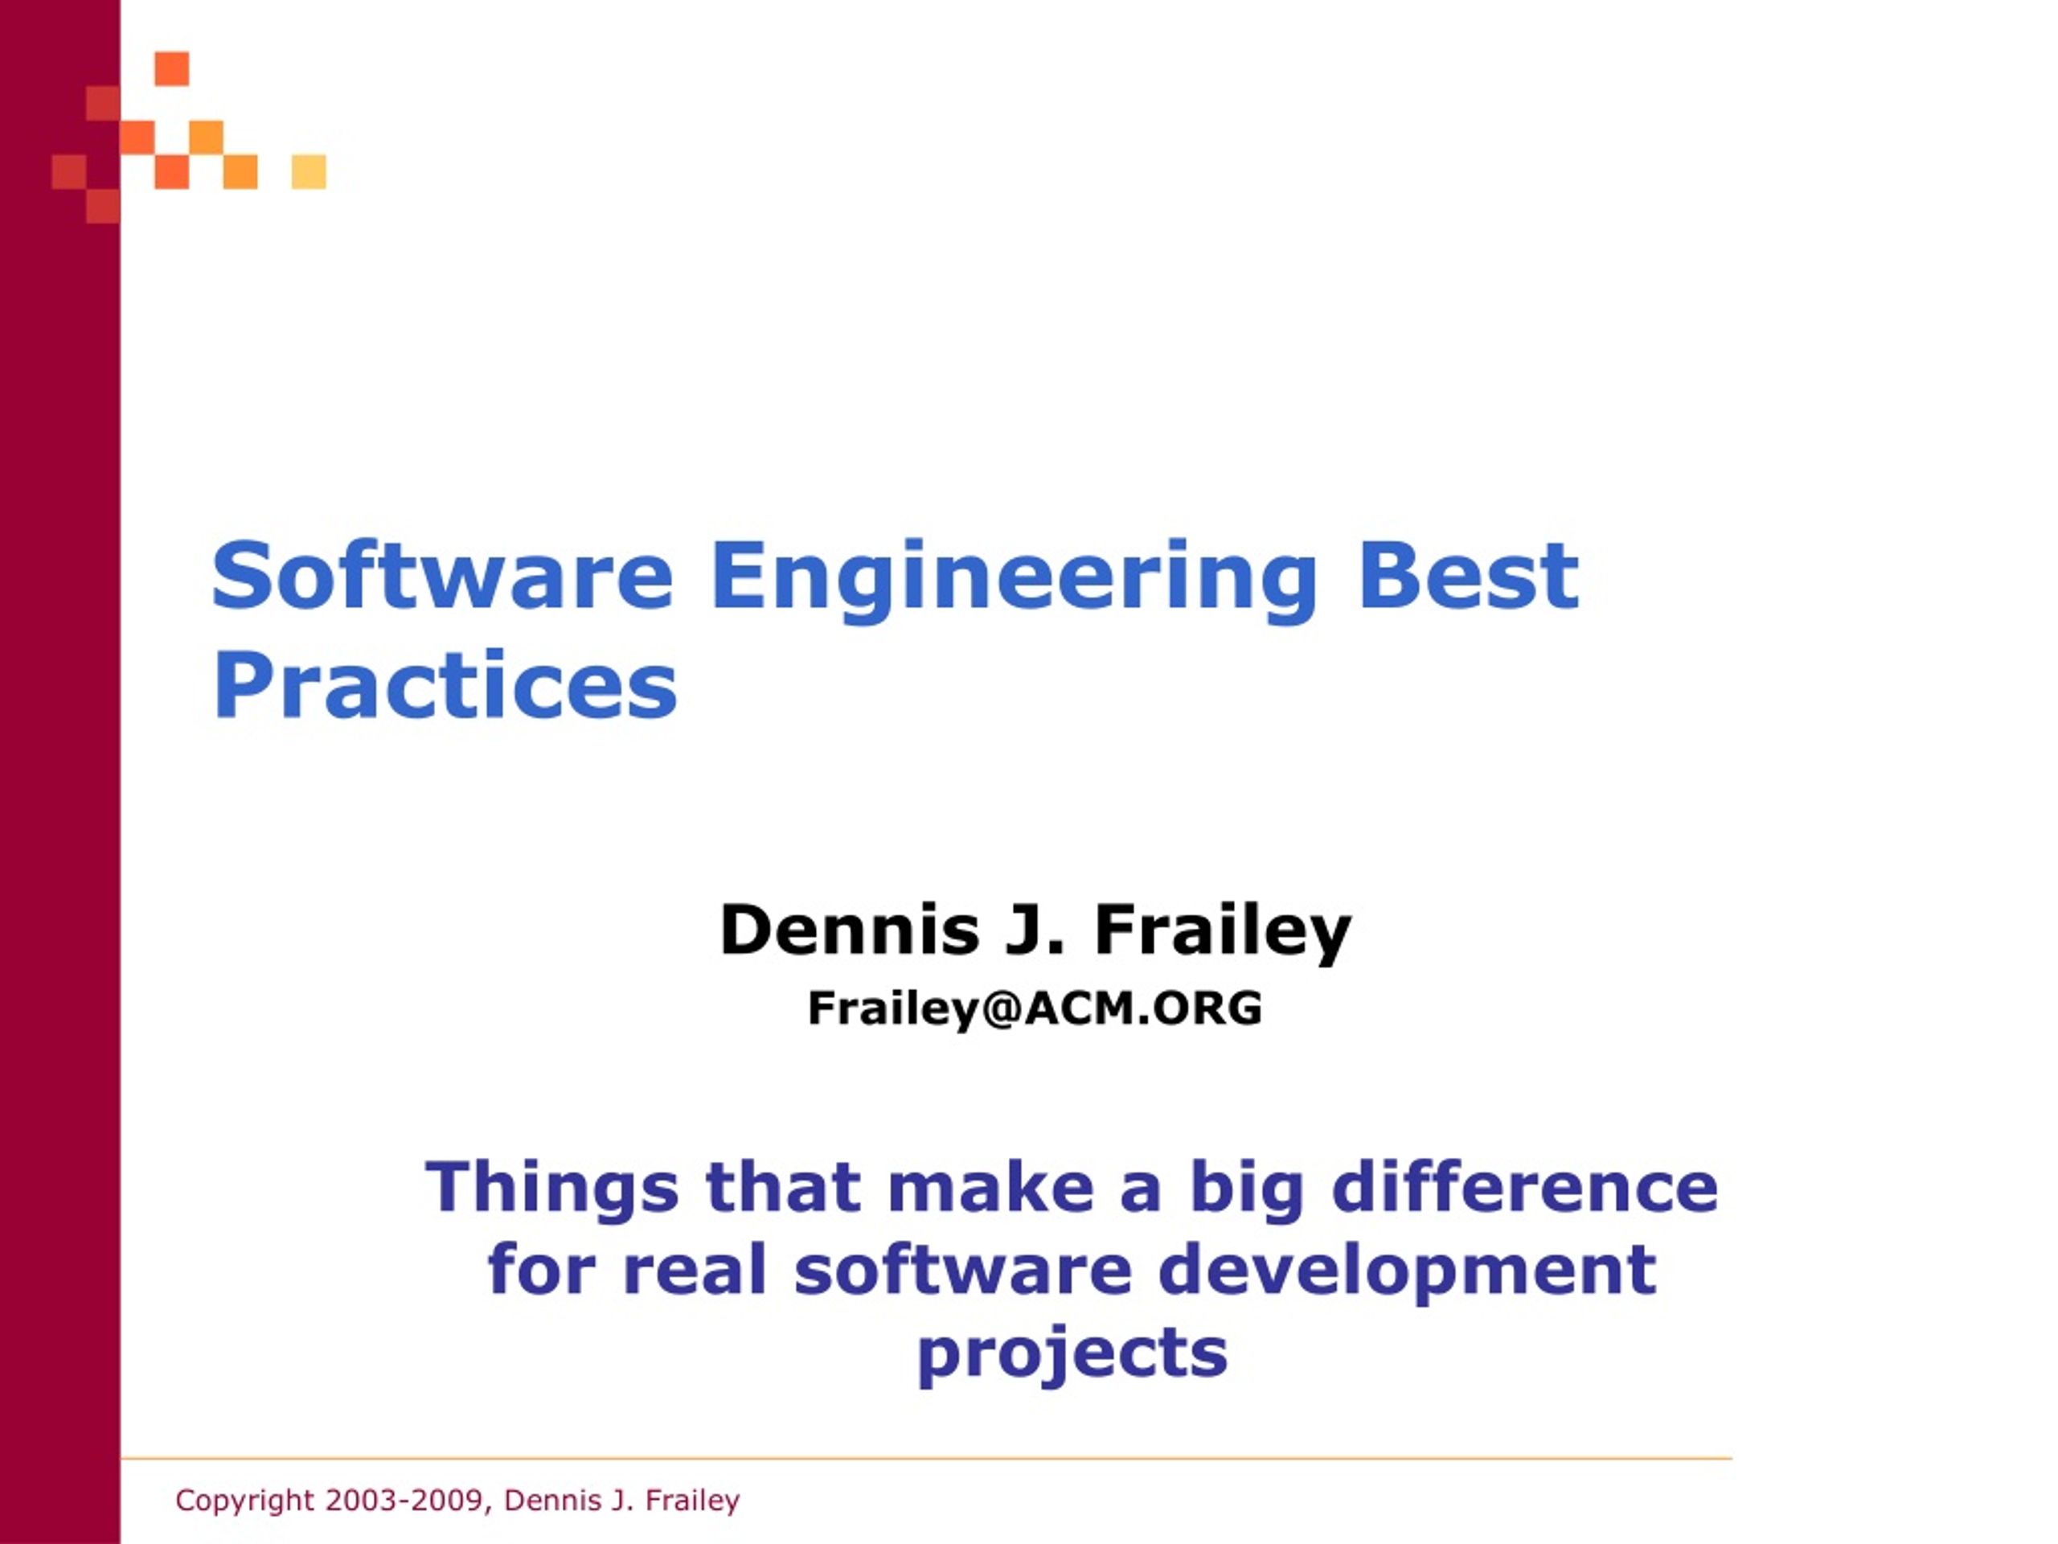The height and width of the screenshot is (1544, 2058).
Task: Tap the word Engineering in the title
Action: coord(1014,581)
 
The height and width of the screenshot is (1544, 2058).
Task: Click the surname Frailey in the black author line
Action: coord(1223,934)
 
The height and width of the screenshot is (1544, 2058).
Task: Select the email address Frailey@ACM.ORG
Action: coord(1035,1008)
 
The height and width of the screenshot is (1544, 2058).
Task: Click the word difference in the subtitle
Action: coord(1524,1187)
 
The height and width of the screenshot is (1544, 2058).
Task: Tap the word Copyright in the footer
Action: coord(244,1501)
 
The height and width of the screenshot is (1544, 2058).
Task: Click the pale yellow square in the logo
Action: coord(309,172)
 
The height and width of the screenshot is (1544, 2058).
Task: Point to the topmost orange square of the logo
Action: coord(172,68)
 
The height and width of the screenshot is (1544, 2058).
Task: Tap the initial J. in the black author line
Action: coord(1035,930)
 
